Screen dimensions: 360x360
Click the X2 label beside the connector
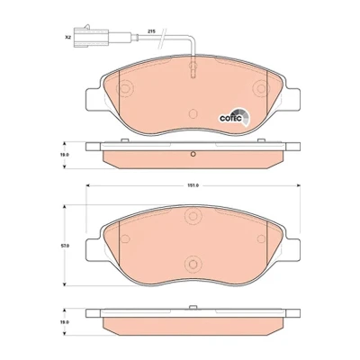[x=67, y=38]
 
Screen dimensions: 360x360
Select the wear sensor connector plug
[x=91, y=37]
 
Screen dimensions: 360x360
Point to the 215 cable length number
[x=150, y=31]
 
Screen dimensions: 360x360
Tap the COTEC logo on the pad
[x=234, y=117]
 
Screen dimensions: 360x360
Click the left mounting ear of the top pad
[x=93, y=100]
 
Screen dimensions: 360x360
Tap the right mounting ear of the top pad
[x=292, y=100]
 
